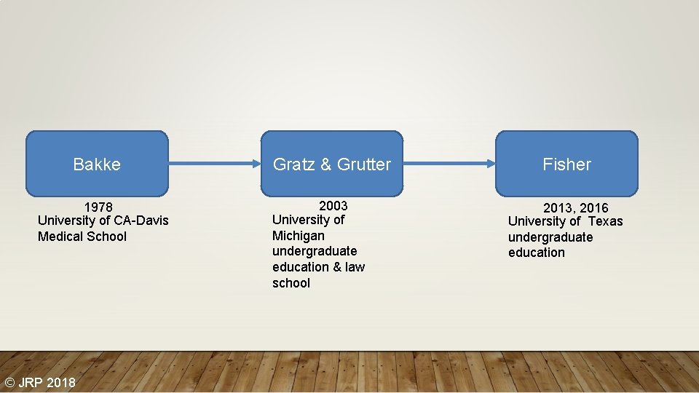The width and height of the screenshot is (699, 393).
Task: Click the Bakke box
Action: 97,164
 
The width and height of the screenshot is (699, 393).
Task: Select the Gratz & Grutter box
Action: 331,164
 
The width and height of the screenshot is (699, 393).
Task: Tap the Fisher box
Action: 566,164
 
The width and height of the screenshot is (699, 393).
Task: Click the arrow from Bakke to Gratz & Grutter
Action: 214,164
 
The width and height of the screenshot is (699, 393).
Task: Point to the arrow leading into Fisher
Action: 449,164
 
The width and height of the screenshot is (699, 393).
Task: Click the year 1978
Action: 98,207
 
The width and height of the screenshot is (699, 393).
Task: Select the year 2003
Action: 333,206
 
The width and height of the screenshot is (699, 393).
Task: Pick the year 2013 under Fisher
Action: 558,208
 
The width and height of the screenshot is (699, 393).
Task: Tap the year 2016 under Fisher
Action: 594,208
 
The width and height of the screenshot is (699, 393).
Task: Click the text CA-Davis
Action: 141,221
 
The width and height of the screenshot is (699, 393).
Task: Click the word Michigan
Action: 299,236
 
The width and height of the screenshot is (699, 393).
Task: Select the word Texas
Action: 606,221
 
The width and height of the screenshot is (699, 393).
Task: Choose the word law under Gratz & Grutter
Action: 355,267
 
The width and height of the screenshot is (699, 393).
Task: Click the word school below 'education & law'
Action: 291,283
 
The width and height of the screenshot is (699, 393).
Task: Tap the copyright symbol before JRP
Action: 10,382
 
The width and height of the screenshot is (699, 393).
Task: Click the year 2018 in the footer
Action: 60,382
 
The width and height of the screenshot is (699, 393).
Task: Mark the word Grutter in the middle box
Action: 366,164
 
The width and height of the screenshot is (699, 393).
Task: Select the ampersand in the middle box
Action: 325,164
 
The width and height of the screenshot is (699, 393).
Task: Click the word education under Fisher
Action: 537,253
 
